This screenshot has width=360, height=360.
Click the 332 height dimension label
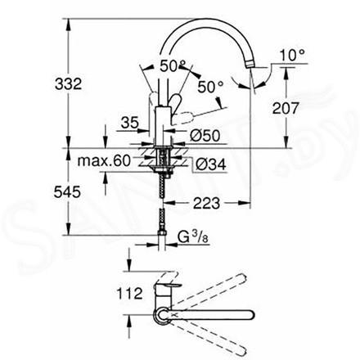[68, 83]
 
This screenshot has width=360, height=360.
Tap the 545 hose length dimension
[67, 192]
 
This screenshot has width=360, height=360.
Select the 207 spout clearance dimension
[286, 108]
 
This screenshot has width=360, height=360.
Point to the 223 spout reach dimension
[206, 203]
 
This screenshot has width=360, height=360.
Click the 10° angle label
[292, 55]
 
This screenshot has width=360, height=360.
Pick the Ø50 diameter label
[205, 135]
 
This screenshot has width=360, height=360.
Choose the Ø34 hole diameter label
[211, 164]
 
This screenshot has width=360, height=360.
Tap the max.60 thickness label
[104, 161]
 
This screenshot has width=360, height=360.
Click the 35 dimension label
[130, 123]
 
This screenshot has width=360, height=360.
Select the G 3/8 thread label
[193, 236]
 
